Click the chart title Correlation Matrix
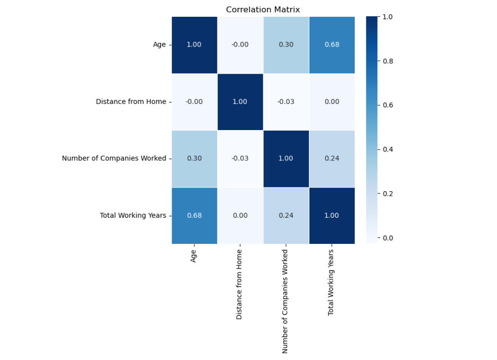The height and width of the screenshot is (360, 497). click(x=263, y=9)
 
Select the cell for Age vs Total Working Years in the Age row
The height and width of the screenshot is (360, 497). click(x=332, y=45)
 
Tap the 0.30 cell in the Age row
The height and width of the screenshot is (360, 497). click(x=286, y=45)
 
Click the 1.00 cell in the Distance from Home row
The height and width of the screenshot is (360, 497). click(x=240, y=102)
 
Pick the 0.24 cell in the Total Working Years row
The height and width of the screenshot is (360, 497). click(x=286, y=215)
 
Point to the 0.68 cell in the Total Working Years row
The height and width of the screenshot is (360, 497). click(x=194, y=215)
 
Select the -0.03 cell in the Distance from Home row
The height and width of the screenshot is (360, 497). click(x=286, y=102)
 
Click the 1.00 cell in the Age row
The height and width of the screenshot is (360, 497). click(x=194, y=45)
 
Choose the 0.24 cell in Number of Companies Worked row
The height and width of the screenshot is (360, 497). click(x=332, y=159)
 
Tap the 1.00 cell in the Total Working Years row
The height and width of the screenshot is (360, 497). click(x=332, y=215)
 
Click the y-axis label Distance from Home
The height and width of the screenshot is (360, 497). click(x=131, y=102)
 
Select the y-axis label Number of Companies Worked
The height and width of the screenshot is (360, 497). click(x=114, y=159)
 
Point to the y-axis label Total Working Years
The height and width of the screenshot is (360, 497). click(x=133, y=215)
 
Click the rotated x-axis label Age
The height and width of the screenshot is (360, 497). click(x=194, y=256)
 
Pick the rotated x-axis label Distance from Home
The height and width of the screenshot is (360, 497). click(x=239, y=284)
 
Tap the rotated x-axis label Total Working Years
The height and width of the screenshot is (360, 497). click(x=331, y=282)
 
